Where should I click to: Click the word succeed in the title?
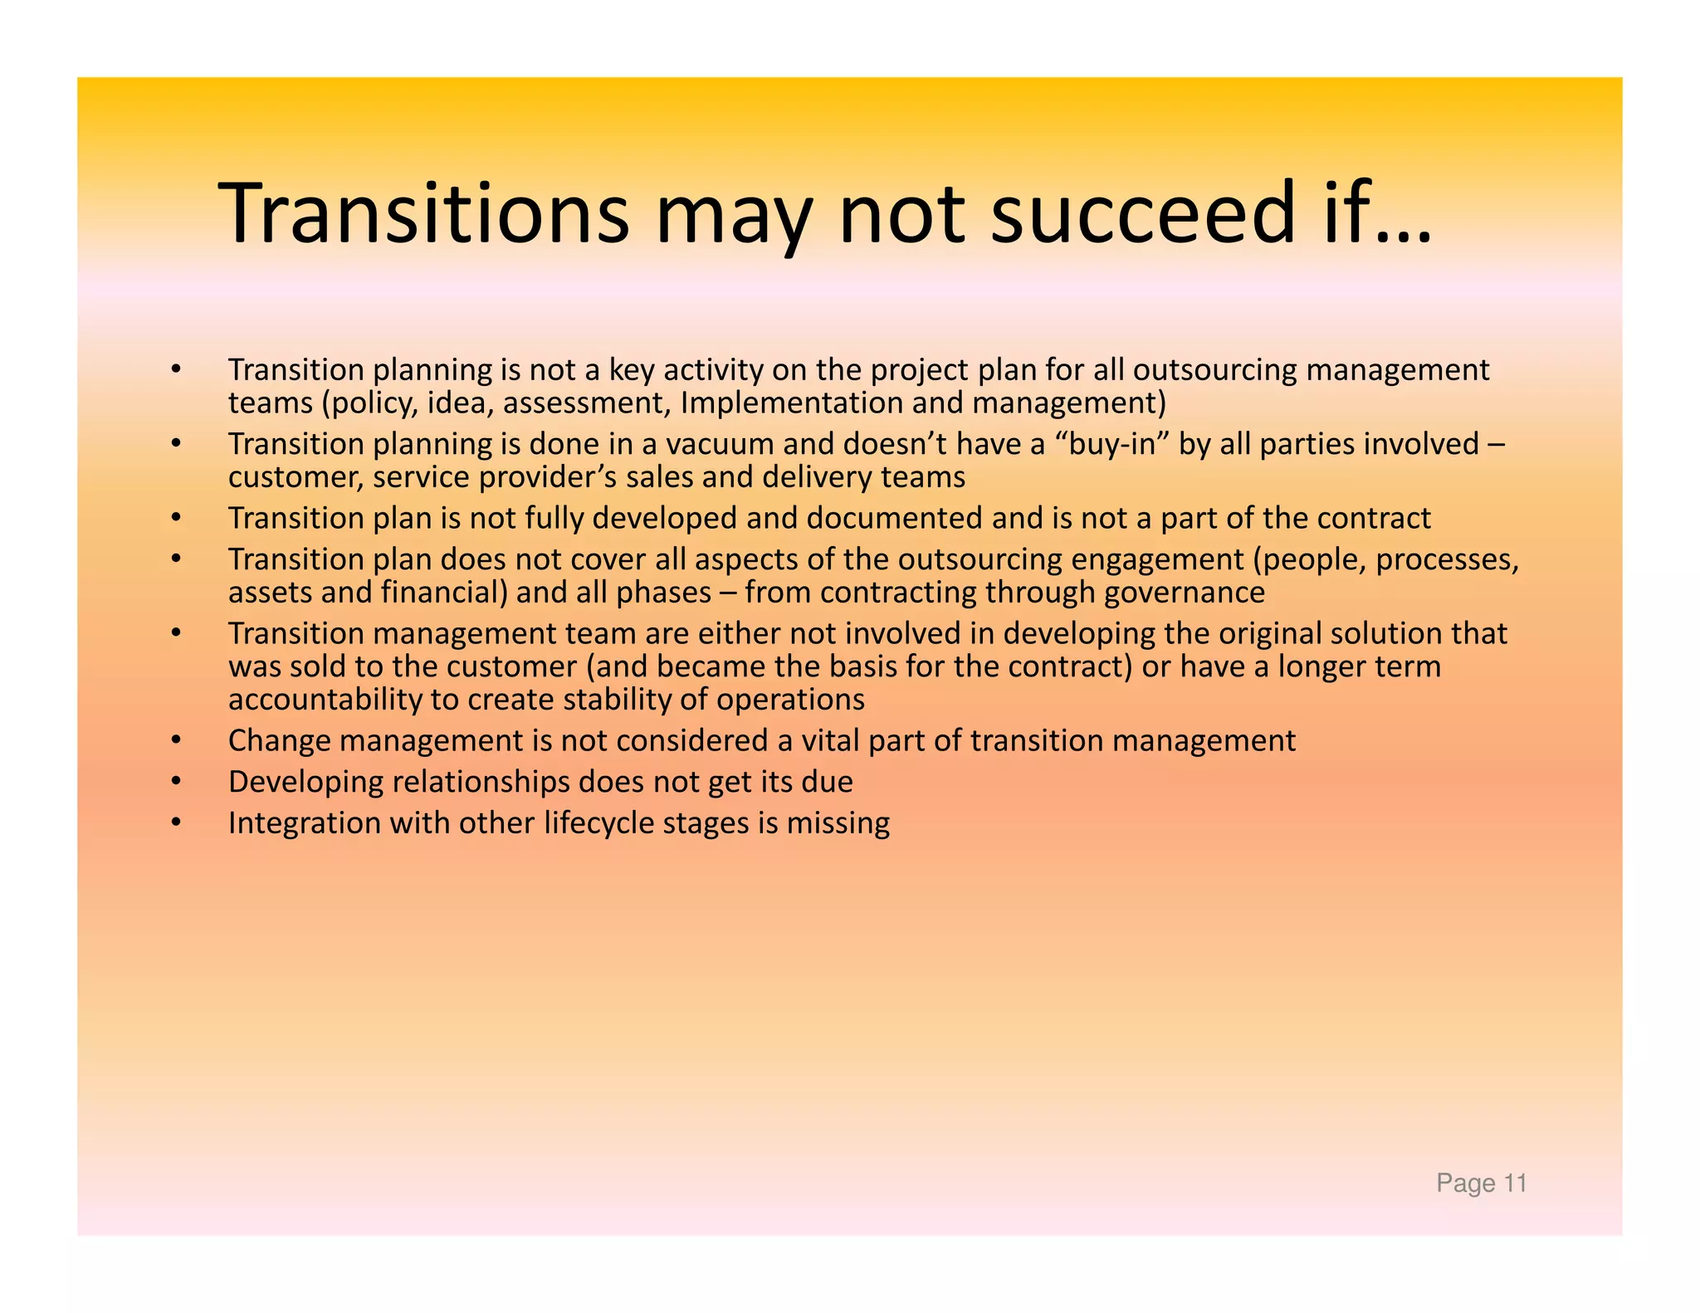point(1142,213)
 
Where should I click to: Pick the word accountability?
point(325,700)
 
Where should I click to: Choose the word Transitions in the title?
point(423,213)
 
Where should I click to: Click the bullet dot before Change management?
point(175,740)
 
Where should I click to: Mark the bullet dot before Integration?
point(175,823)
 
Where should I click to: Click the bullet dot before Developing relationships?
point(175,782)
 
